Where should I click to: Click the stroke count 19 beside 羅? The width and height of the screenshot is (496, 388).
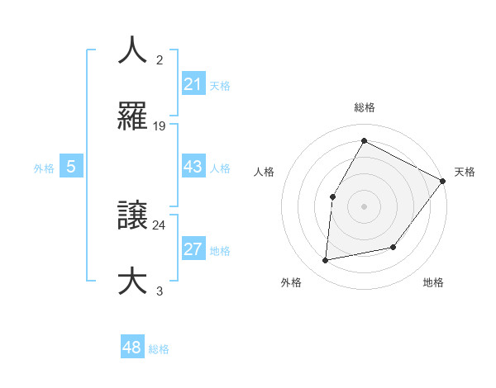pyautogui.click(x=160, y=126)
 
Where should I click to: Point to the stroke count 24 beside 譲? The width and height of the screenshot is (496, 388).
pyautogui.click(x=160, y=224)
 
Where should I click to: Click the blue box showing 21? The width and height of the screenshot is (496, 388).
pyautogui.click(x=193, y=84)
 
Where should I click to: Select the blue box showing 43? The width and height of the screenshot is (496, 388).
pyautogui.click(x=193, y=167)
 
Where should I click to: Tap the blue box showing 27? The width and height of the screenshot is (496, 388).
pyautogui.click(x=193, y=249)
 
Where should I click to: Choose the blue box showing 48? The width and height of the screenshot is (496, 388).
pyautogui.click(x=132, y=348)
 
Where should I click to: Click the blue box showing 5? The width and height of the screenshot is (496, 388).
pyautogui.click(x=71, y=167)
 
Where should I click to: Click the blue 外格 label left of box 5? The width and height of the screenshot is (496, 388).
pyautogui.click(x=44, y=168)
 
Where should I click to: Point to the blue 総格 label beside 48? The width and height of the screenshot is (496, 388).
pyautogui.click(x=159, y=348)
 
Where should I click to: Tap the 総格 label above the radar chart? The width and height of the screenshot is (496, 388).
pyautogui.click(x=364, y=108)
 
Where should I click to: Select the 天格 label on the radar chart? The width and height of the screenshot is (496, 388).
pyautogui.click(x=465, y=172)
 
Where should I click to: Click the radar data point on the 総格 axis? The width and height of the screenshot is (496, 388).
pyautogui.click(x=364, y=140)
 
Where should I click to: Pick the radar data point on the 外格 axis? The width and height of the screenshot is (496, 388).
pyautogui.click(x=326, y=260)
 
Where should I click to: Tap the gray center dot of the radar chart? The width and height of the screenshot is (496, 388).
pyautogui.click(x=364, y=206)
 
